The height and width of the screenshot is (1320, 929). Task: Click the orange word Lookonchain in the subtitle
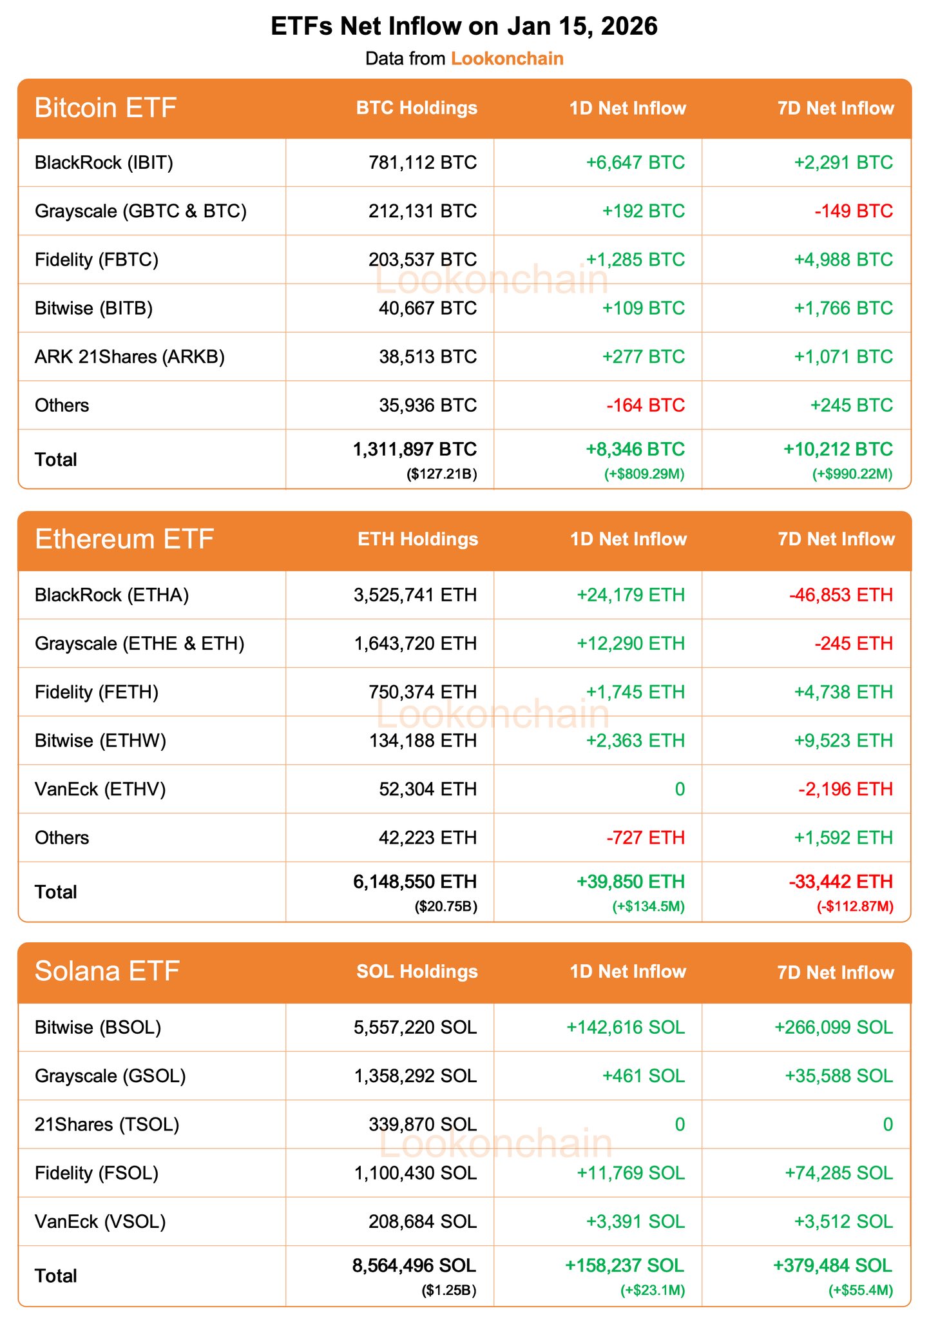click(507, 59)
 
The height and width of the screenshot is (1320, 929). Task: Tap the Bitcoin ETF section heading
click(106, 108)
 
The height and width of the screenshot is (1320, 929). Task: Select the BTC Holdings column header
click(417, 108)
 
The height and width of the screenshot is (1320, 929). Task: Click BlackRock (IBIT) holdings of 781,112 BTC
click(423, 162)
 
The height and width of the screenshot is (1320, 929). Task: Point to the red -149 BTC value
click(854, 211)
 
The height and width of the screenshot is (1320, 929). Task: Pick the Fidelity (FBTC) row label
click(97, 260)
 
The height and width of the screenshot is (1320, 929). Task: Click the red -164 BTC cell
click(646, 405)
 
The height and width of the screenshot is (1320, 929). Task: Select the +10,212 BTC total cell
click(838, 449)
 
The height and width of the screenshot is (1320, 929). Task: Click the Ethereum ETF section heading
click(124, 539)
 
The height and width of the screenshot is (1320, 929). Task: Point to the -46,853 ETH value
click(841, 594)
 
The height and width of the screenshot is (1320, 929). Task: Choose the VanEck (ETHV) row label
click(101, 789)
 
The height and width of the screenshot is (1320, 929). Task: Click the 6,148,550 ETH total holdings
click(415, 881)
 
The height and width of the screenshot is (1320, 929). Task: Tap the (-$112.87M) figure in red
click(855, 907)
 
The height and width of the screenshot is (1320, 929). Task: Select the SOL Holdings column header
click(417, 971)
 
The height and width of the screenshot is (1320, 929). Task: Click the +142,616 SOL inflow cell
click(625, 1027)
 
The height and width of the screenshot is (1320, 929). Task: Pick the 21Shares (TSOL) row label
click(107, 1124)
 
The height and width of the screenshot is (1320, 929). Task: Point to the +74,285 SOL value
click(838, 1172)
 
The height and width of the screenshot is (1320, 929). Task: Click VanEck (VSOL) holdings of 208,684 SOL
click(423, 1221)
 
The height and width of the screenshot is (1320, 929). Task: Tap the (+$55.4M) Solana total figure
click(860, 1291)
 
